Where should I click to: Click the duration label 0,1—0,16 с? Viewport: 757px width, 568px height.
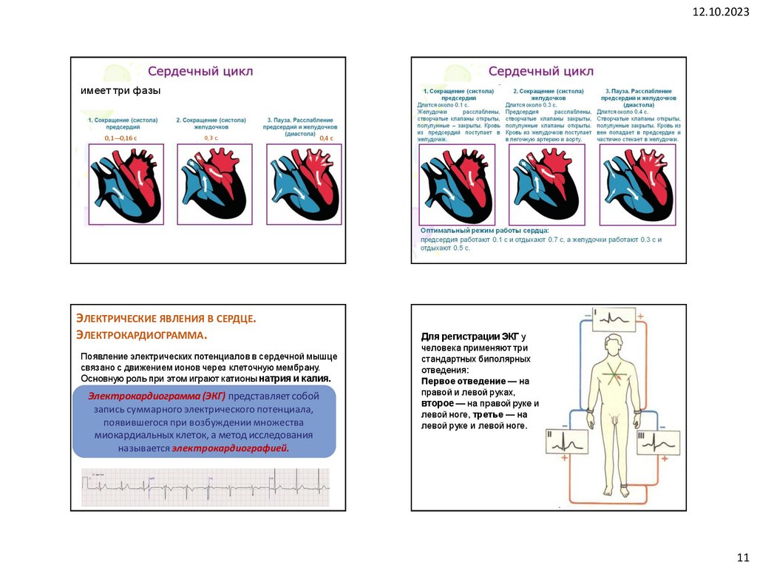point(120,138)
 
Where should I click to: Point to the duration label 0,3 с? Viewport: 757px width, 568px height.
point(211,138)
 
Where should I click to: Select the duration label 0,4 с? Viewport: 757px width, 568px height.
point(326,138)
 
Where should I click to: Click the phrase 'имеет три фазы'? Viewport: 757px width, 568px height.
point(120,90)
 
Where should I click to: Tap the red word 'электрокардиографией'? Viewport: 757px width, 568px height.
point(231,448)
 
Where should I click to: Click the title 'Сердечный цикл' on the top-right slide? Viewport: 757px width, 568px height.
point(541,72)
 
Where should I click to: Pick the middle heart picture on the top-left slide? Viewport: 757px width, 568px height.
point(214,184)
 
